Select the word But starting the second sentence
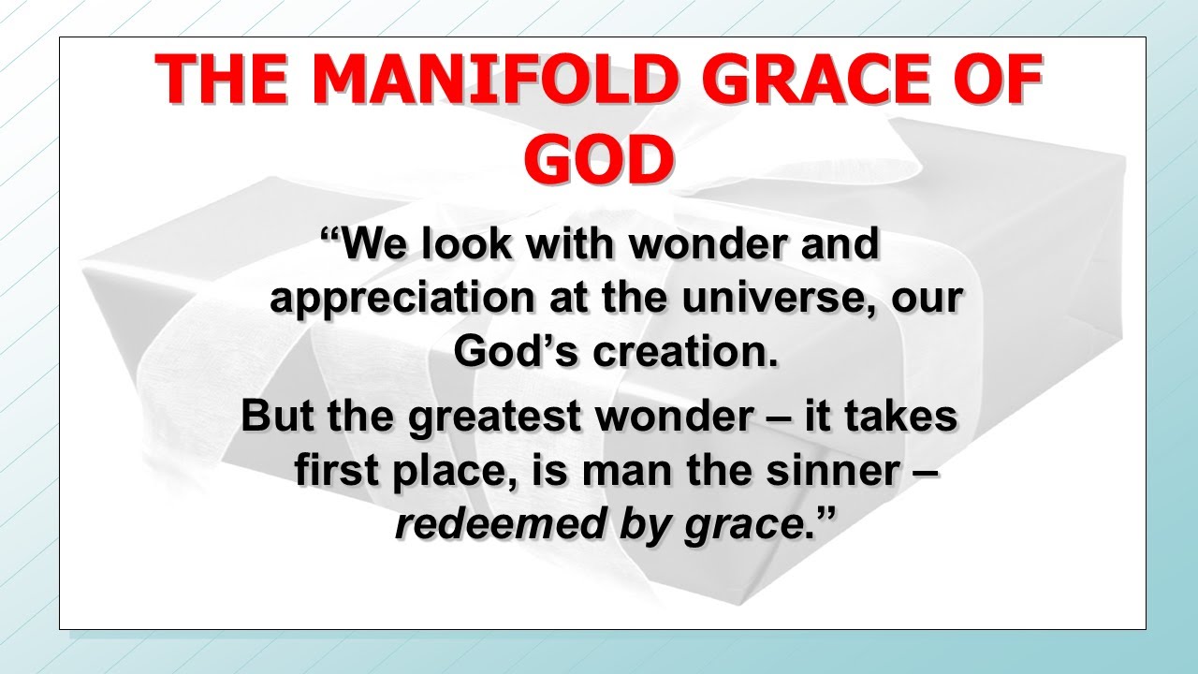278,417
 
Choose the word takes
900,417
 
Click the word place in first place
453,472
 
